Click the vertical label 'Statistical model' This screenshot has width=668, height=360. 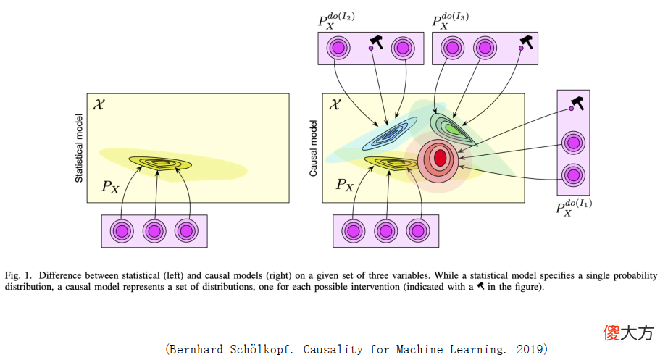coord(79,148)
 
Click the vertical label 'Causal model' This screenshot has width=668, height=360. coord(313,148)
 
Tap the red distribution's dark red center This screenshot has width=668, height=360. coord(440,158)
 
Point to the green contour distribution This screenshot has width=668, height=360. coord(451,129)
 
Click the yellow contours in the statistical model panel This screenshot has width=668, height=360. coord(160,163)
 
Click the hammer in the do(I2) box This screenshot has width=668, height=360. coord(376,42)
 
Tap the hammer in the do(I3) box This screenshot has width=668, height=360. coord(527,42)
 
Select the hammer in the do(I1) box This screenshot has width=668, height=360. coord(577,103)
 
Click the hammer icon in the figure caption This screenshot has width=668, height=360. coord(480,286)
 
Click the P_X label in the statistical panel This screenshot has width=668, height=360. coord(110,187)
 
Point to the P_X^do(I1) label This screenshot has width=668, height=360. coord(573,207)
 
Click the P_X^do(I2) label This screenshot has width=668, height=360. coord(336,21)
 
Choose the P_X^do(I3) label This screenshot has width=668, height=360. coord(451,21)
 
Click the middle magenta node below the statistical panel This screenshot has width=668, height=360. coord(154,231)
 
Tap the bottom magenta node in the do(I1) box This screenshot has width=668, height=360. coord(573,175)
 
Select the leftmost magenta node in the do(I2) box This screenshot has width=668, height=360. coord(338,48)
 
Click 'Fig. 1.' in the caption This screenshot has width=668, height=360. coord(18,276)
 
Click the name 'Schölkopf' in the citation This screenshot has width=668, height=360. coord(261,350)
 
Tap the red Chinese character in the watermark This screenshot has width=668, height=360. coord(611,332)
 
